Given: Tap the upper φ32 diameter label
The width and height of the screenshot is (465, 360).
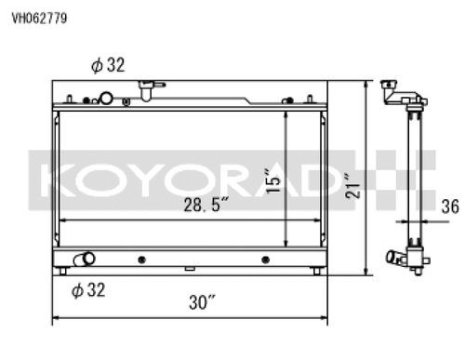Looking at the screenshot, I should [108, 65].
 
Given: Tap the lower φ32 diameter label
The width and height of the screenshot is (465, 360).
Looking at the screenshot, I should [88, 290].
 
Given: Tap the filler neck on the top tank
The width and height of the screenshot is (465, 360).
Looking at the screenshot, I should [145, 90].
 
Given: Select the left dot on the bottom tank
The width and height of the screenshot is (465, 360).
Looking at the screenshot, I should [140, 259].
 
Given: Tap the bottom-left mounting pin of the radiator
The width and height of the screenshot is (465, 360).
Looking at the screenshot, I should [61, 272].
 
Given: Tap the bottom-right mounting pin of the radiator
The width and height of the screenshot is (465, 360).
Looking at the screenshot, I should [318, 272].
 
